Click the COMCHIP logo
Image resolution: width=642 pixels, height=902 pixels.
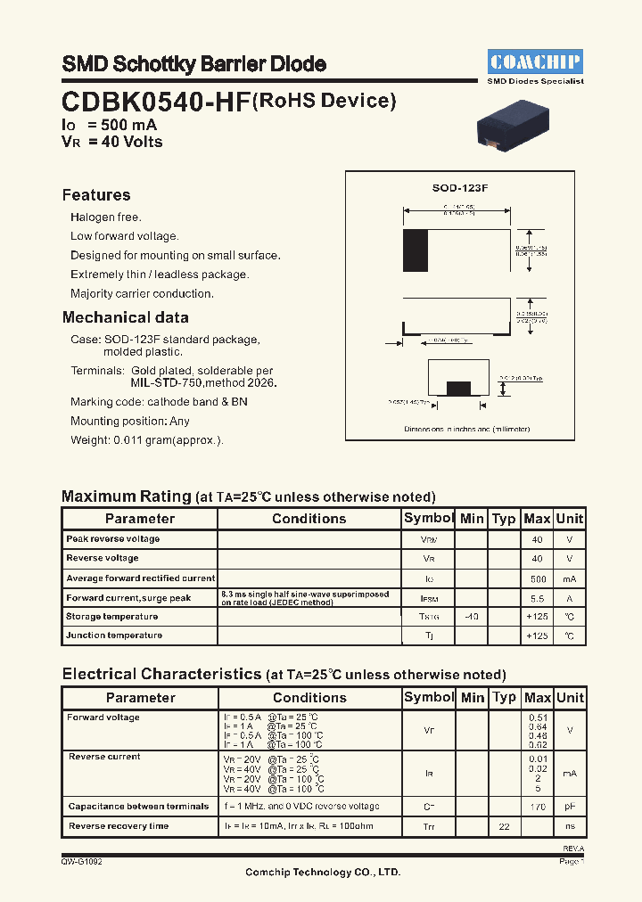coord(535,61)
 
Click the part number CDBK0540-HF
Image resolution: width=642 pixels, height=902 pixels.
coord(155,102)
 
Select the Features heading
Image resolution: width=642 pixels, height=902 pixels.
coord(96,195)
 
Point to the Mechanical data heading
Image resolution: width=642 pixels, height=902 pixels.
coord(125,317)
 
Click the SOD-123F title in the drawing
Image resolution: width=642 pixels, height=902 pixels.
coord(460,188)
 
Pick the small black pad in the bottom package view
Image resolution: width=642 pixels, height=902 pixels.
coord(458,388)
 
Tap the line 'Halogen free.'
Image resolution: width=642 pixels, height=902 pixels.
coord(106,217)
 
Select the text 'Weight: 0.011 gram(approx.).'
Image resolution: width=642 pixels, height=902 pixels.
coord(147,440)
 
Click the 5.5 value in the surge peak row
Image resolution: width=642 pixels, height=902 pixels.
coord(537,597)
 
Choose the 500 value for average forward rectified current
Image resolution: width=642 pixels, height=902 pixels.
coord(537,578)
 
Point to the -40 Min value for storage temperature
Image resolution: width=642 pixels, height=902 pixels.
coord(472,617)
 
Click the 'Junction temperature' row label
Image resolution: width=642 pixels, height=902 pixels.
coord(114,635)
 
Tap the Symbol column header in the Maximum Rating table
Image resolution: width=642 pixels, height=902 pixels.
coord(429,518)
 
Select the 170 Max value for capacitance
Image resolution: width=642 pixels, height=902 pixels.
coord(537,807)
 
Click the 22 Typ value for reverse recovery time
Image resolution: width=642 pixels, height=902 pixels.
coord(504,826)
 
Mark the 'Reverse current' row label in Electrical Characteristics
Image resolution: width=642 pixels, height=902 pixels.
coord(104,757)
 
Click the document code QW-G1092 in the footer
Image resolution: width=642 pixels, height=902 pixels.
coord(87,862)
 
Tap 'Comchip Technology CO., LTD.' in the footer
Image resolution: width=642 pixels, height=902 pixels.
coord(322,873)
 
